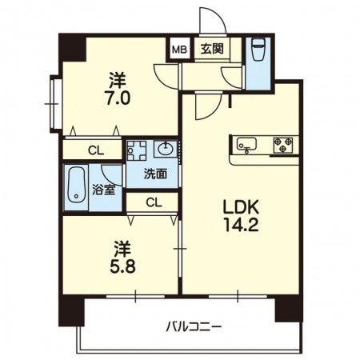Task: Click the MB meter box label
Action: (180, 50)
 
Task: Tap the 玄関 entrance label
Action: (212, 49)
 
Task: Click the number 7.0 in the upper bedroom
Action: (118, 98)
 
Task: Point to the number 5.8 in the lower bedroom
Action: (122, 266)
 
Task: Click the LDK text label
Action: (241, 207)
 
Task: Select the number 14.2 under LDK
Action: (241, 225)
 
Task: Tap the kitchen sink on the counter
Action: (246, 145)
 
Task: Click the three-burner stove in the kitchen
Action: (283, 145)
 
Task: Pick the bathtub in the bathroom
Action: (76, 185)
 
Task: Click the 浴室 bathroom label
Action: (104, 190)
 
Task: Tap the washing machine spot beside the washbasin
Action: (137, 150)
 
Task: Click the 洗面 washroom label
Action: (156, 174)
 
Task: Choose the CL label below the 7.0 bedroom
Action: (96, 151)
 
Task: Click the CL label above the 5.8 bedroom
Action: (154, 202)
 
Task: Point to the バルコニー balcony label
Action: (194, 326)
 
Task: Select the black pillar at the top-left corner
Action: (73, 48)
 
